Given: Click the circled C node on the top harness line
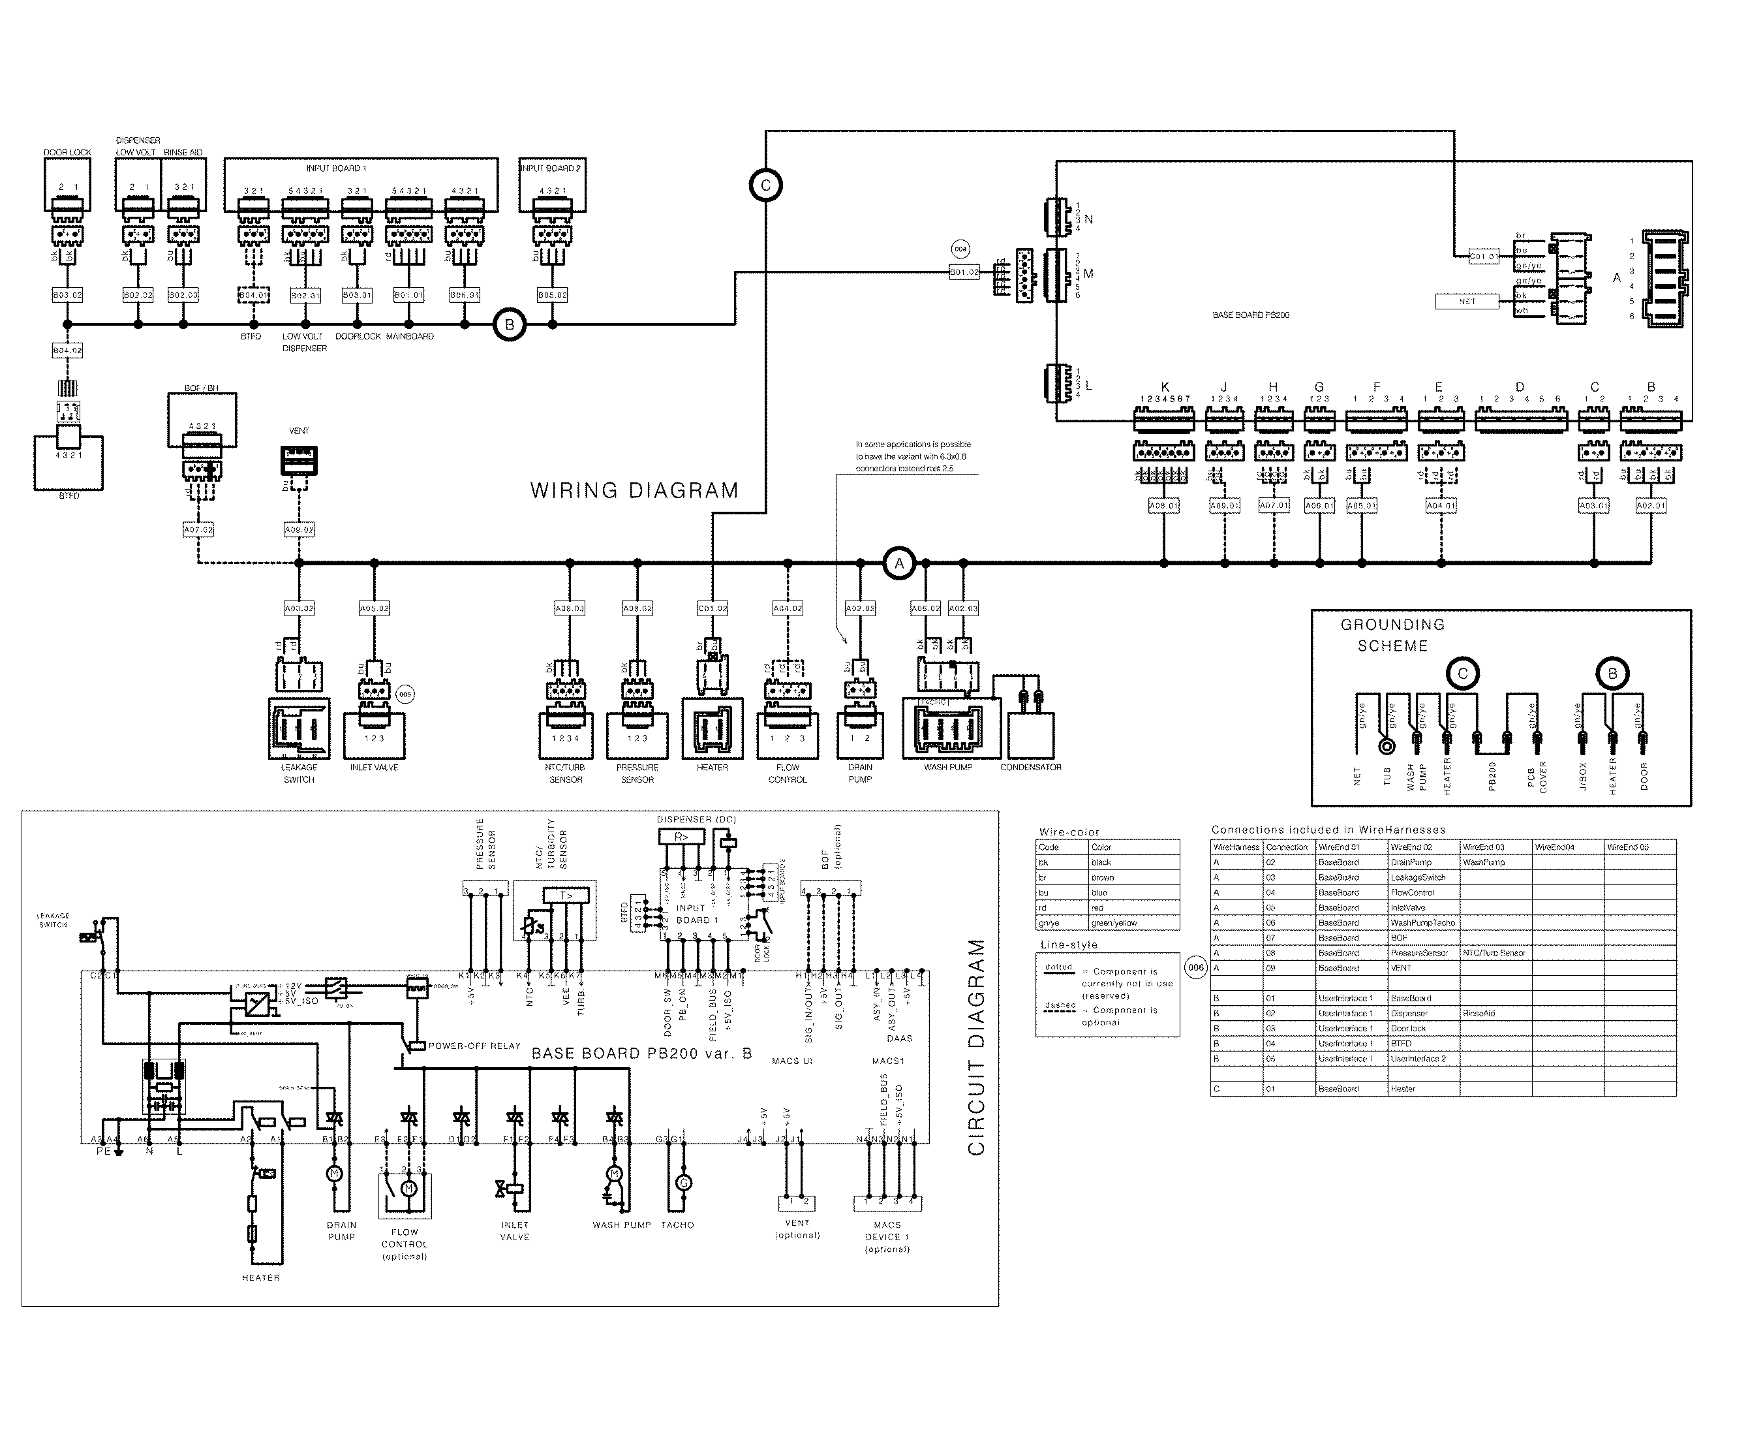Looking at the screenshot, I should (765, 185).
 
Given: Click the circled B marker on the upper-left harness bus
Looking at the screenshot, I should (510, 325).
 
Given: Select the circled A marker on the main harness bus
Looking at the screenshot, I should (899, 564).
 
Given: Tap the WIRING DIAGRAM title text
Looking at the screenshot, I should (634, 490).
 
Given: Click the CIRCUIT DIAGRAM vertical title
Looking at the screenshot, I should (977, 1047).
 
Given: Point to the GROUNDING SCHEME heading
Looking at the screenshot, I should (1392, 635).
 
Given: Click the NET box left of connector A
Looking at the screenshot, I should (1467, 302).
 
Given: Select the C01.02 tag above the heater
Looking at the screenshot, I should (713, 608).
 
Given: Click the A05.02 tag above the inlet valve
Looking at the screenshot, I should (374, 608).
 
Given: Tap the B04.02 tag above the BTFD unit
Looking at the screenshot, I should (68, 351).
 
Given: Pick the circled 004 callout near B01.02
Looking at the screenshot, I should (960, 249).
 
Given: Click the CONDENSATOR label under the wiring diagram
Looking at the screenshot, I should (1030, 768).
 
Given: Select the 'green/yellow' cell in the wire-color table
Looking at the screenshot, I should (1114, 923).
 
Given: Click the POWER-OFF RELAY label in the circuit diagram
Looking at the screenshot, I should (474, 1046).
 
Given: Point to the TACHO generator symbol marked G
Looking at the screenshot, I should (683, 1183).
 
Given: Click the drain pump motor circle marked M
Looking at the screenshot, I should (335, 1174).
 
